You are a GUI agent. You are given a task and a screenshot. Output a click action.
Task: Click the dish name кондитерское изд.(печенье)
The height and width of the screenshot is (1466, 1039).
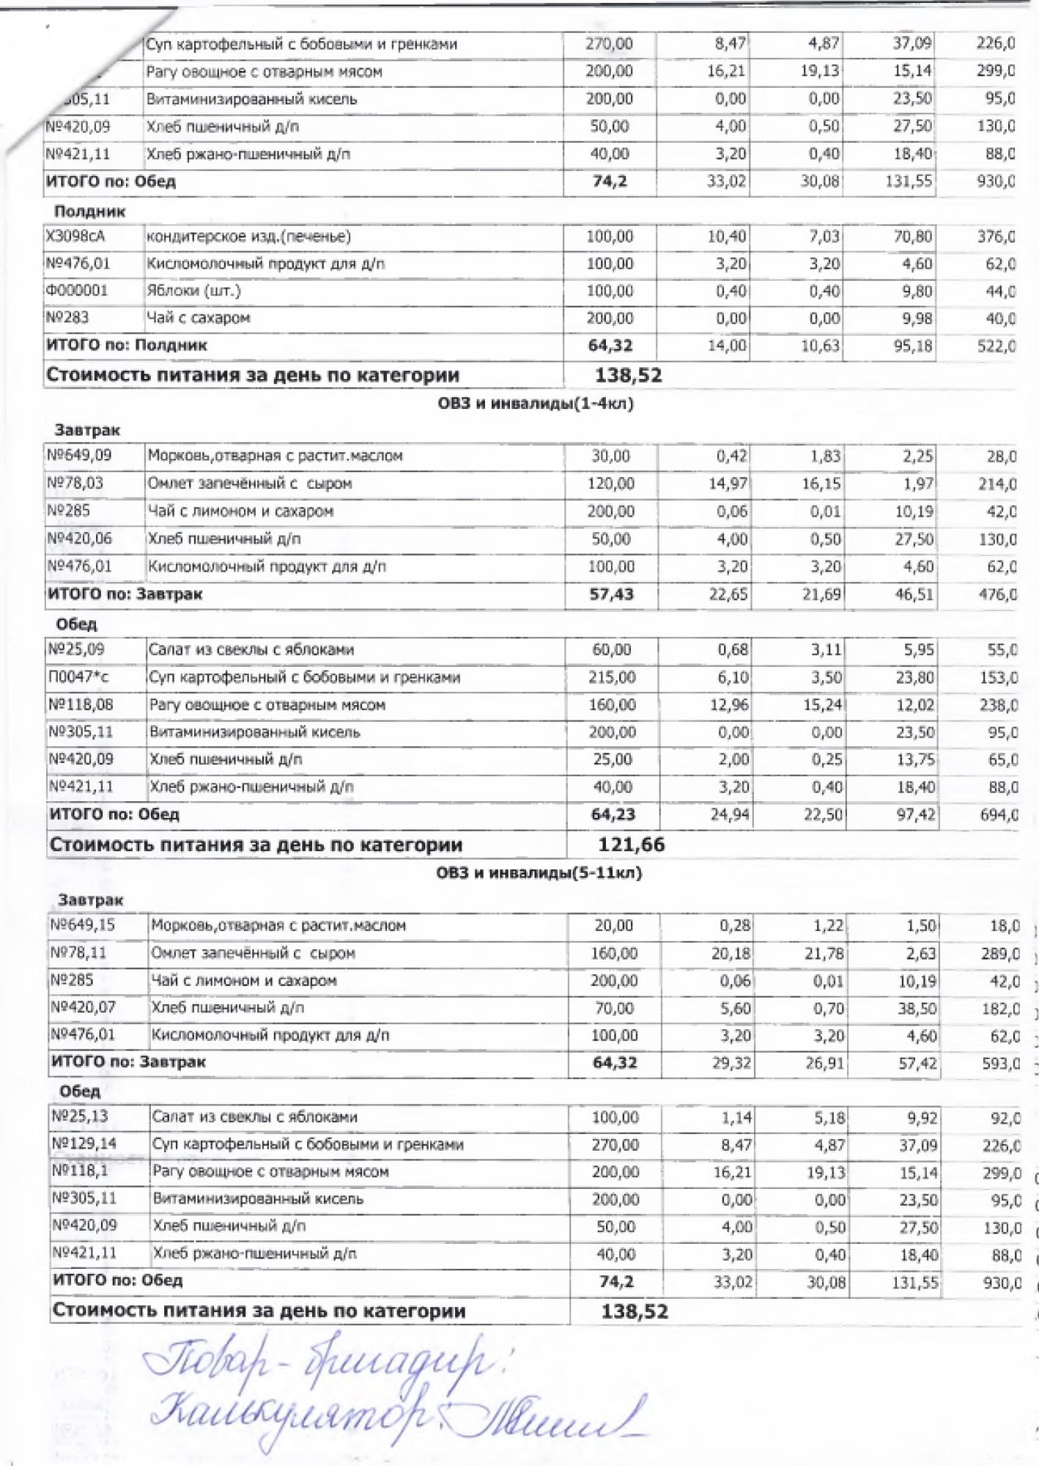(x=248, y=237)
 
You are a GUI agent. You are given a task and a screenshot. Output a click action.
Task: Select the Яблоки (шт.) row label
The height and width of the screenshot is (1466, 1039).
(x=193, y=291)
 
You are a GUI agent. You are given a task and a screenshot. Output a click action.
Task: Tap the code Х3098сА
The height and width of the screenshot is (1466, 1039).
(x=75, y=237)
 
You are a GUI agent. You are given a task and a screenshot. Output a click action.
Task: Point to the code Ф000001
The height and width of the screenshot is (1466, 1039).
(x=76, y=291)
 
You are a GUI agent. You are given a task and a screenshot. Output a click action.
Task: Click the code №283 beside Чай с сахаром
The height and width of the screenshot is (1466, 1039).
(x=67, y=318)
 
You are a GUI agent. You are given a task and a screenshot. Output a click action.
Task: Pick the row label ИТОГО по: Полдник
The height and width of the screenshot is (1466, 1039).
(x=126, y=345)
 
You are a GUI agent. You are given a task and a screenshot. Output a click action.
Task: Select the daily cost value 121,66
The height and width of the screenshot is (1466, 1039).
(x=631, y=844)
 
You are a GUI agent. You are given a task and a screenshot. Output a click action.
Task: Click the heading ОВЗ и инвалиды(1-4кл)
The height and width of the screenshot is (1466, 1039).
(x=535, y=403)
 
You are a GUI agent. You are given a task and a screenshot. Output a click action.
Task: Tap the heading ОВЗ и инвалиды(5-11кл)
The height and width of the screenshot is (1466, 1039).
(x=539, y=873)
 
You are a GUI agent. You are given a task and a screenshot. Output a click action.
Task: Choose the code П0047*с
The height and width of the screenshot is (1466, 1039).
(x=77, y=677)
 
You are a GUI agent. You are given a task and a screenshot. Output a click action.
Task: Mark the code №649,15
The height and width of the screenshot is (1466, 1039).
(x=82, y=925)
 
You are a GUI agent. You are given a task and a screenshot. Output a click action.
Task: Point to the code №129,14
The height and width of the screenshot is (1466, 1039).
(x=84, y=1144)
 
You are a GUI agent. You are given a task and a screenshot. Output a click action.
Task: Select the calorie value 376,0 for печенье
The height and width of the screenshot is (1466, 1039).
(x=996, y=237)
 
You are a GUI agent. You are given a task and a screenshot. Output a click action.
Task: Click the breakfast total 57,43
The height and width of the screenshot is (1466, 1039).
(x=611, y=594)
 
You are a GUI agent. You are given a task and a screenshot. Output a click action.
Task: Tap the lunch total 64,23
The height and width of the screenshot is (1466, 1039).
(x=613, y=814)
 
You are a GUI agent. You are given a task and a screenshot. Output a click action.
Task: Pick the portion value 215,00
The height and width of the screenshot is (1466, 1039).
(x=612, y=677)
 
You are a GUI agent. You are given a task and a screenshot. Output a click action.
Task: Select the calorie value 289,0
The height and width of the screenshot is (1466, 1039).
(x=1000, y=954)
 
